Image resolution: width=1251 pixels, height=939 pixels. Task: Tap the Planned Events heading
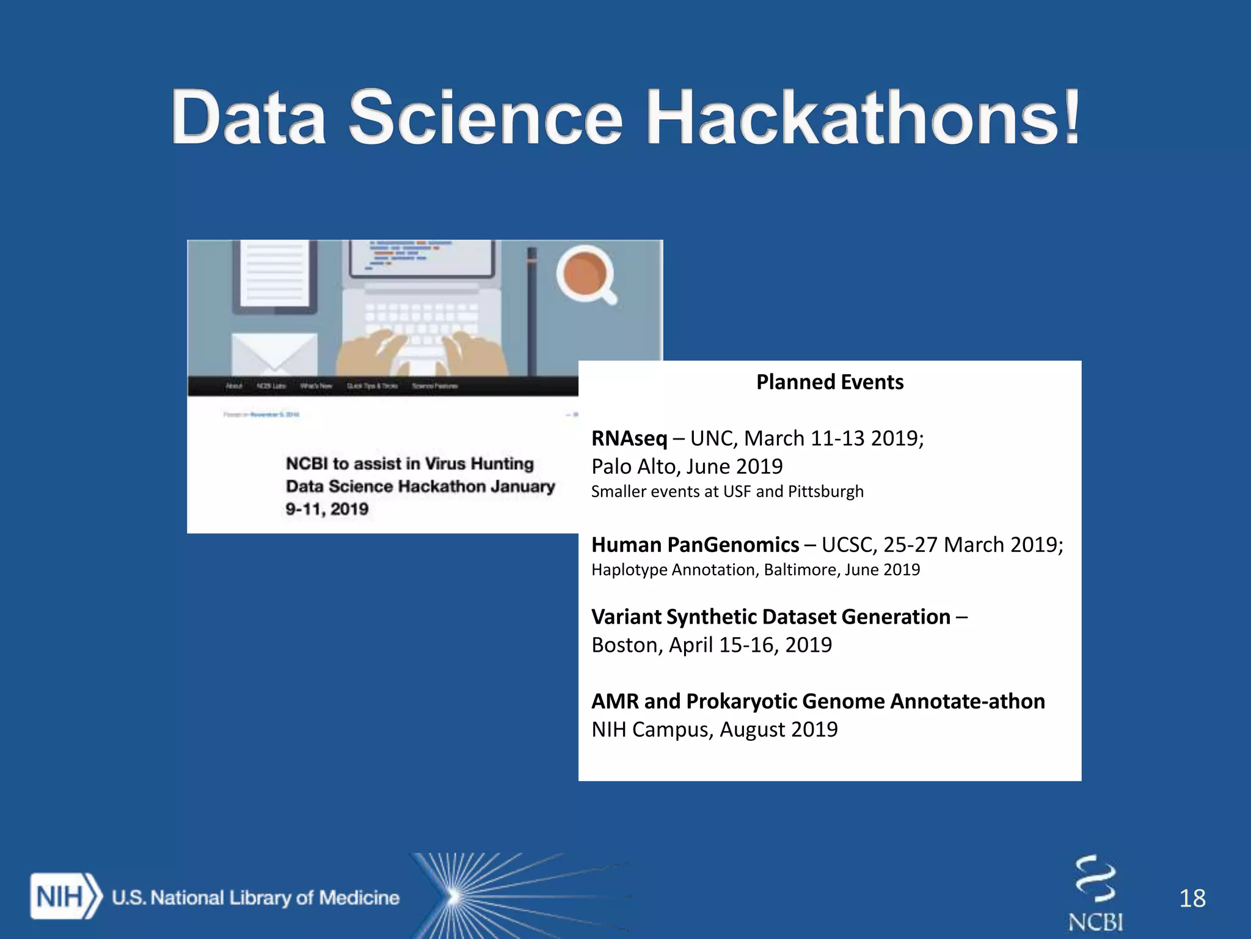point(830,382)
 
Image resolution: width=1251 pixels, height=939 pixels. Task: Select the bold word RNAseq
point(629,438)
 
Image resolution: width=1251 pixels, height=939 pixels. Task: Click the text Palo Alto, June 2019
point(687,466)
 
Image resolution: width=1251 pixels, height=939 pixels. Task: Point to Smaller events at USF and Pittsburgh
point(727,492)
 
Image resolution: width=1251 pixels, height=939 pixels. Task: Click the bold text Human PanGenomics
point(695,545)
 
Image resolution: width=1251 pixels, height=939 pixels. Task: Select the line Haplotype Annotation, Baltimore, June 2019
point(755,570)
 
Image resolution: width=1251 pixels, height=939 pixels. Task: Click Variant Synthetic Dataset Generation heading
point(771,617)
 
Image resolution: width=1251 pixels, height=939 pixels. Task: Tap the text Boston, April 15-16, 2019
point(712,645)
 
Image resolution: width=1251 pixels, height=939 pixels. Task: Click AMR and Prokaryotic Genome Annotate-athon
point(818,701)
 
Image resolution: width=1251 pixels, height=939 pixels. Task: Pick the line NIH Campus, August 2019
point(715,729)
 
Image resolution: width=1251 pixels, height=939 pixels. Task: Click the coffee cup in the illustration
point(585,273)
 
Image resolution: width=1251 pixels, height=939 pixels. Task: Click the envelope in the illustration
point(274,353)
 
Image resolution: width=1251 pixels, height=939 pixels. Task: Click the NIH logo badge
point(65,897)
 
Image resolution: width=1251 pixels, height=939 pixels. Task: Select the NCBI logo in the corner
point(1095,893)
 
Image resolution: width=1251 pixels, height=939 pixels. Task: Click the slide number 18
point(1192,898)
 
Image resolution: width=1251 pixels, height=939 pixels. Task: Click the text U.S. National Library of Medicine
point(255,897)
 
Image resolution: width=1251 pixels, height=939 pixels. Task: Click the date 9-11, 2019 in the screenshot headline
point(327,509)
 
